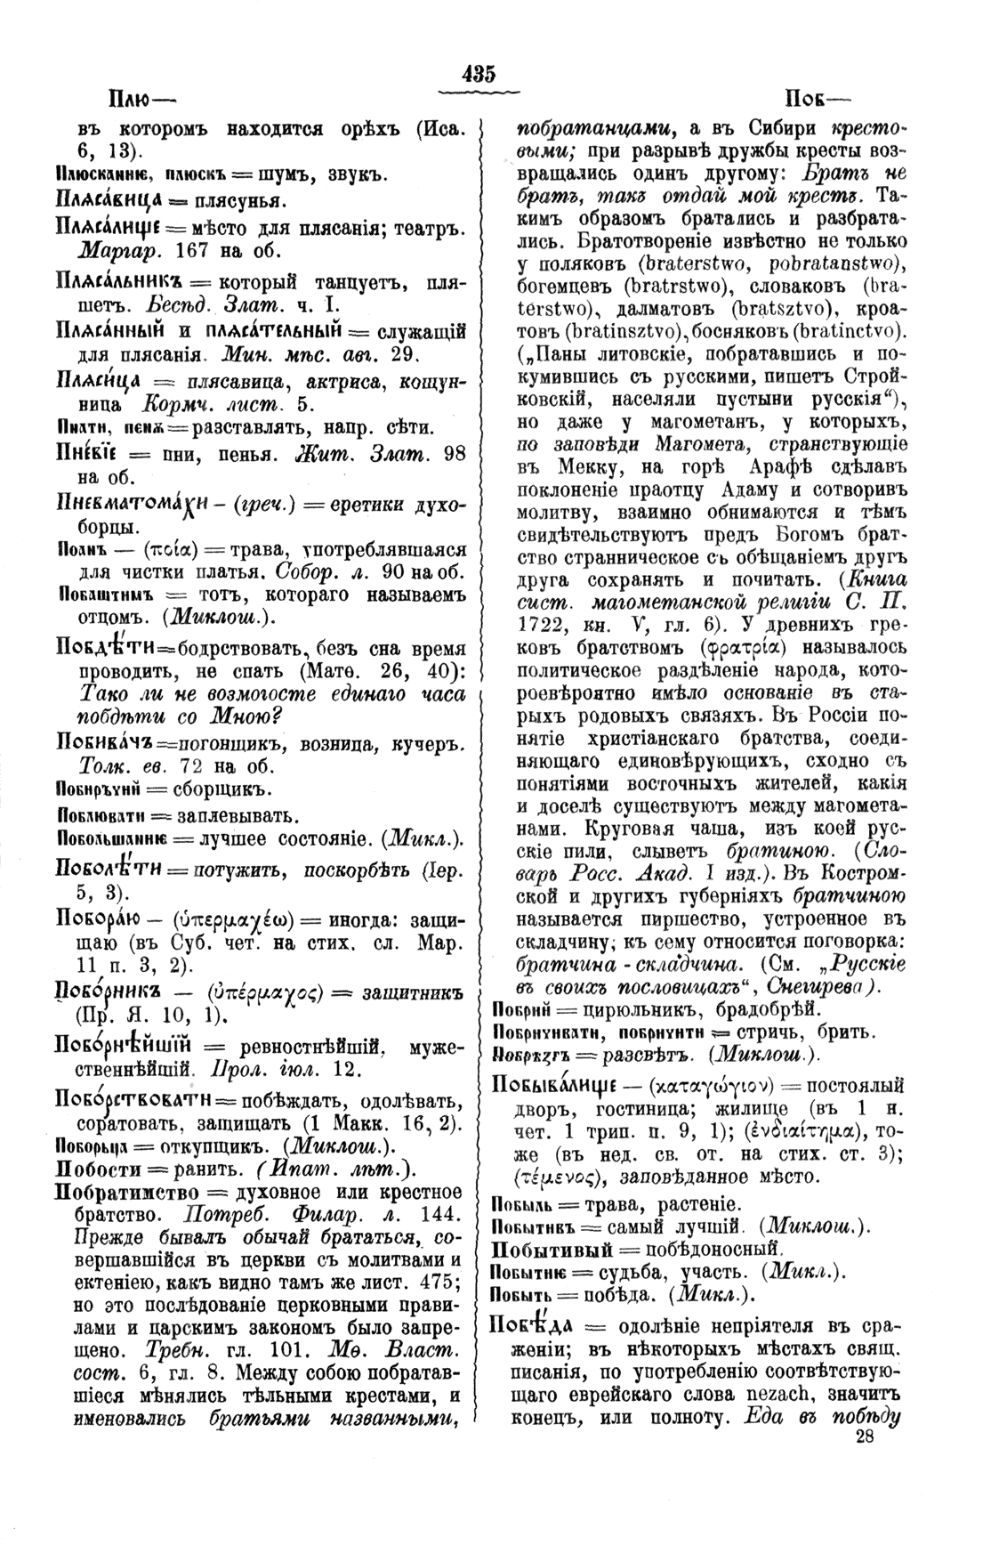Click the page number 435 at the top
tap(478, 75)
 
